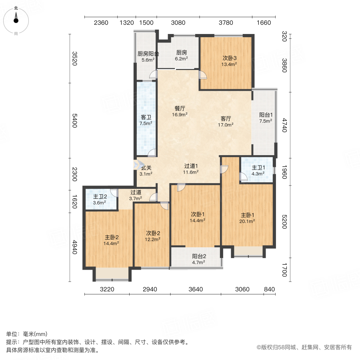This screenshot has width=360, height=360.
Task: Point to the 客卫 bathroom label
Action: pos(146,118)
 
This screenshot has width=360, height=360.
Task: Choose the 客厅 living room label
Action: pos(226,119)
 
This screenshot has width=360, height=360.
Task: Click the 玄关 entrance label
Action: pos(146,168)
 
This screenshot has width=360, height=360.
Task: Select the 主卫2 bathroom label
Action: pos(99,197)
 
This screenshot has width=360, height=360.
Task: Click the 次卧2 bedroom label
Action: pos(153,233)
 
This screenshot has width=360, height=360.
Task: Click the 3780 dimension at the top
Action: pos(226,23)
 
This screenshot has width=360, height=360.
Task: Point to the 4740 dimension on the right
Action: pos(284,124)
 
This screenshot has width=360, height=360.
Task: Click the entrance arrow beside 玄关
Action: pos(137,164)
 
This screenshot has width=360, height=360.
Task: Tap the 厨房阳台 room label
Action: pos(148,54)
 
